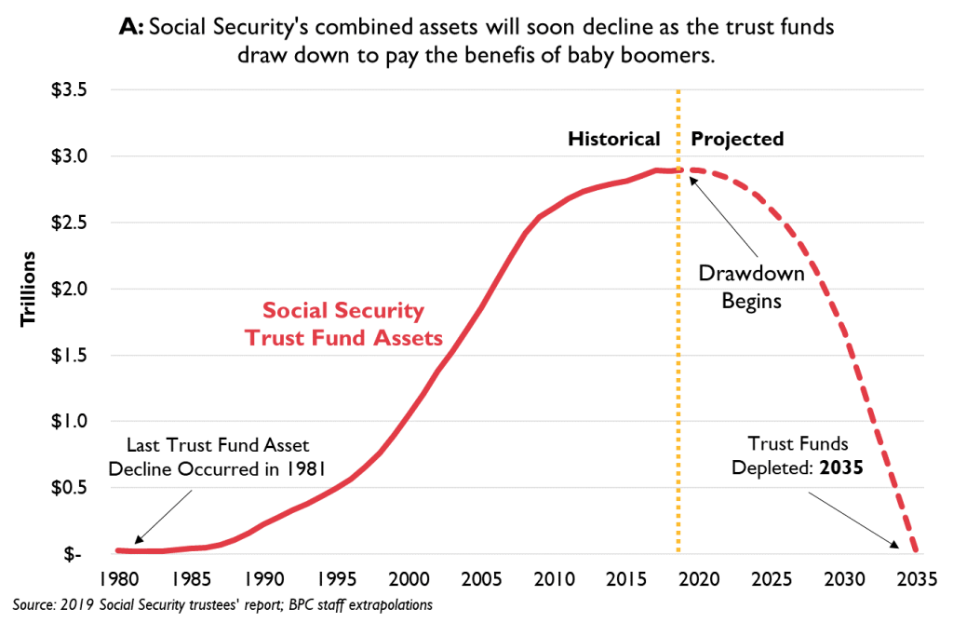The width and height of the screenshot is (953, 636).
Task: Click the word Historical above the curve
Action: click(x=614, y=139)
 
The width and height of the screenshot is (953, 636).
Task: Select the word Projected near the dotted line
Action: click(x=737, y=139)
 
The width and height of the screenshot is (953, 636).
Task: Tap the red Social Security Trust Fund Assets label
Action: click(x=343, y=324)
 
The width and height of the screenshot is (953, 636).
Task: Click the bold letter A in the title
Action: click(x=130, y=27)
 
